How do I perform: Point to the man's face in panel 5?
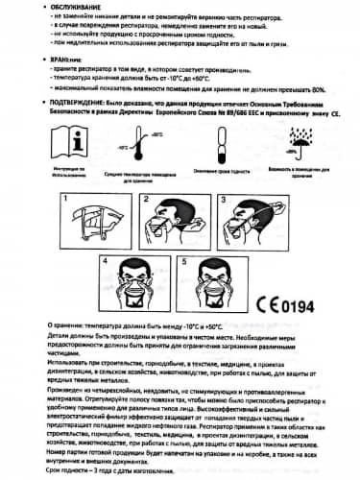215,278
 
